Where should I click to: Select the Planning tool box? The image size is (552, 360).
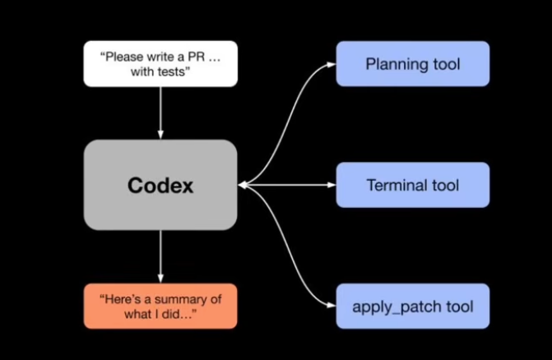click(412, 63)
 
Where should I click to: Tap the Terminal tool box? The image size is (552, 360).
click(412, 185)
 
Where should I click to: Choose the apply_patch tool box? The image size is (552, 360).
click(412, 307)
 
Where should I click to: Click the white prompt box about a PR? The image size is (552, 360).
click(160, 63)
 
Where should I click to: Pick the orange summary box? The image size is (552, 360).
click(160, 306)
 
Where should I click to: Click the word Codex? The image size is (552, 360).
click(160, 186)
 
